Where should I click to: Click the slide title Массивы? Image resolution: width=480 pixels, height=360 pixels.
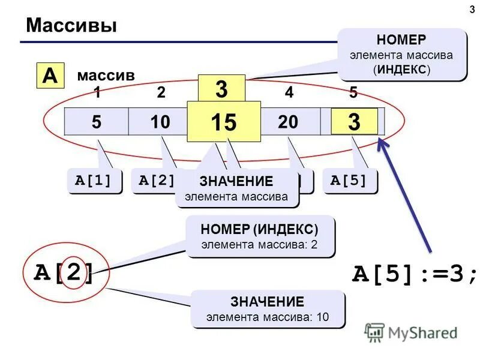click(x=71, y=25)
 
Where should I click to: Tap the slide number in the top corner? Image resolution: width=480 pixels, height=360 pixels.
click(x=470, y=9)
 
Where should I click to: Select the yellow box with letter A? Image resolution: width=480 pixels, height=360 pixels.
click(x=51, y=76)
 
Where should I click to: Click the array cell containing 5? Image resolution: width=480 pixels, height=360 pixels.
click(x=96, y=122)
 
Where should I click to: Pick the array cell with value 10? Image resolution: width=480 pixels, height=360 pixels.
click(x=160, y=122)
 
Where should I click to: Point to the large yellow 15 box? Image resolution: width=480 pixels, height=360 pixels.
click(x=223, y=122)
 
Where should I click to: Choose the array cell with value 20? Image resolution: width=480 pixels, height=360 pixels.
click(x=288, y=122)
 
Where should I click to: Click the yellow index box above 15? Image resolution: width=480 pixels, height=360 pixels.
click(x=221, y=89)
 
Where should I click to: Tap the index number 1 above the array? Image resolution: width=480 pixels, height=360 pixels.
click(x=96, y=93)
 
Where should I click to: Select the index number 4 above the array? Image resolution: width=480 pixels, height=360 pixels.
click(x=289, y=93)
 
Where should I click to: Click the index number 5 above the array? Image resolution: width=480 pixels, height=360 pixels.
click(x=353, y=93)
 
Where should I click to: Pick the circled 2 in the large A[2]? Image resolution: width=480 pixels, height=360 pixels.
click(x=75, y=274)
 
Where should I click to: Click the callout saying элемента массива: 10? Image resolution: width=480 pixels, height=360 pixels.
click(x=268, y=309)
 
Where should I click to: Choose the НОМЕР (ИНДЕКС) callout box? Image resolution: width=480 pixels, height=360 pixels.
click(x=259, y=236)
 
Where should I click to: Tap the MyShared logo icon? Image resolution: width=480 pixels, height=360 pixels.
click(x=375, y=332)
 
